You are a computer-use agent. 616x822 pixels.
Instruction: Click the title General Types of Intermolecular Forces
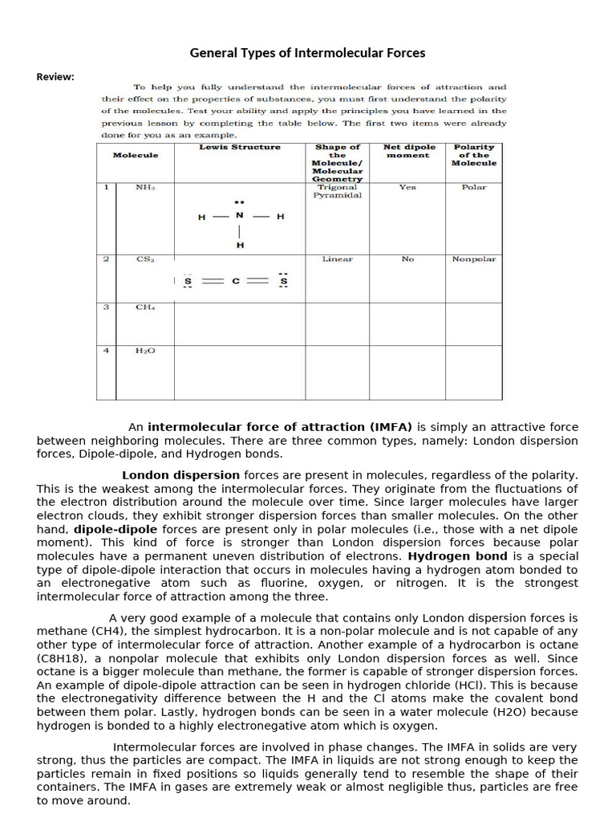(307, 53)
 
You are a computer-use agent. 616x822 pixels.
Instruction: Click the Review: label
(55, 77)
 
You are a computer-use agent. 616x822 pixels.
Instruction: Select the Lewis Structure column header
(240, 147)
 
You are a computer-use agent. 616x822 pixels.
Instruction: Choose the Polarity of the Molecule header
(473, 155)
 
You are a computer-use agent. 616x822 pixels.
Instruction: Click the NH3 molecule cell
(145, 187)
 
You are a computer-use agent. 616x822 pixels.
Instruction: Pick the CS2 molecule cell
(145, 259)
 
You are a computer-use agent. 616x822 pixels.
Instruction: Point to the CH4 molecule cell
(145, 307)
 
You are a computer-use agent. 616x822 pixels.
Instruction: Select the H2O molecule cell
(145, 350)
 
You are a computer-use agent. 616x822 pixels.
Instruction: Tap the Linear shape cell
(337, 259)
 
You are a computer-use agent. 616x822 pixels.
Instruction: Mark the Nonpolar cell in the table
(473, 259)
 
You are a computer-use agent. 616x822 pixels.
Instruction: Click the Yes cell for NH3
(407, 187)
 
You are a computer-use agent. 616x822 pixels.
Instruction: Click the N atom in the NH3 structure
(239, 216)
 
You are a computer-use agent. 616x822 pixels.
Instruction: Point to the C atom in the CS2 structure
(236, 282)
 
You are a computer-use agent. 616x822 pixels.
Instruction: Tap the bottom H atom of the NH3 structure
(239, 245)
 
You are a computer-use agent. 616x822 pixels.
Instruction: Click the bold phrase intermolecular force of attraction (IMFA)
(280, 427)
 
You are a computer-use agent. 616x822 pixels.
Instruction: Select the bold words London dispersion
(180, 475)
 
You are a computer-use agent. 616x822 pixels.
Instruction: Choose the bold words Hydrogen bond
(457, 555)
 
